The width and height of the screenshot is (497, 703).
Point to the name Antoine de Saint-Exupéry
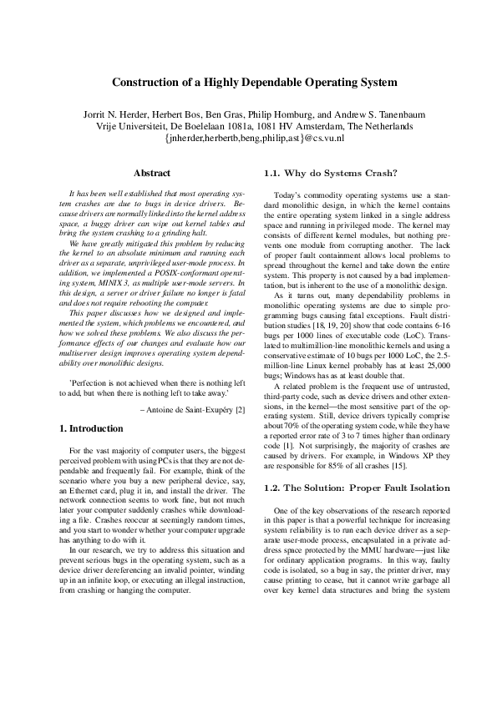[189, 410]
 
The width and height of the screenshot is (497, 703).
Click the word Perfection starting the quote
[89, 382]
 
